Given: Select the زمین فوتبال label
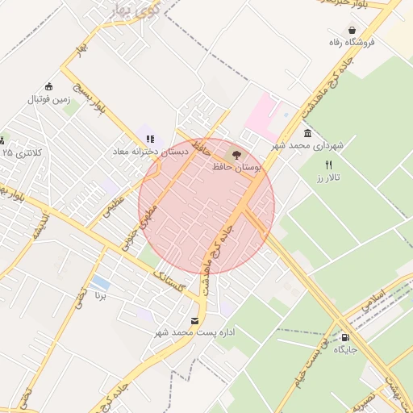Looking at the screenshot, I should (x=50, y=99).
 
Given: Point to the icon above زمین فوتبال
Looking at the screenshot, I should (x=48, y=87).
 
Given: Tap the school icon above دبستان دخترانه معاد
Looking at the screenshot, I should (x=150, y=139).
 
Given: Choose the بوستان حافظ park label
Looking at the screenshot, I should (x=236, y=166).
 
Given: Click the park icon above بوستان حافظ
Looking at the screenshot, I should (x=236, y=154).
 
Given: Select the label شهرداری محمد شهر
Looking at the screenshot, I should (x=307, y=145).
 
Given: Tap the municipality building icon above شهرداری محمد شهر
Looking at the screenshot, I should (x=307, y=133).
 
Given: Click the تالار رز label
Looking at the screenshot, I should (x=329, y=176).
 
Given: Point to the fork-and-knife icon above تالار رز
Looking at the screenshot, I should (x=328, y=164).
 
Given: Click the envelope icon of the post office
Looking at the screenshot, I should (x=194, y=320).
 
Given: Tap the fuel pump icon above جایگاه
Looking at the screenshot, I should (x=346, y=338).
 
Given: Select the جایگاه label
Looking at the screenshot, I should (x=345, y=350).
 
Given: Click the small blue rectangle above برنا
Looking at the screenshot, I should (x=101, y=283).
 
